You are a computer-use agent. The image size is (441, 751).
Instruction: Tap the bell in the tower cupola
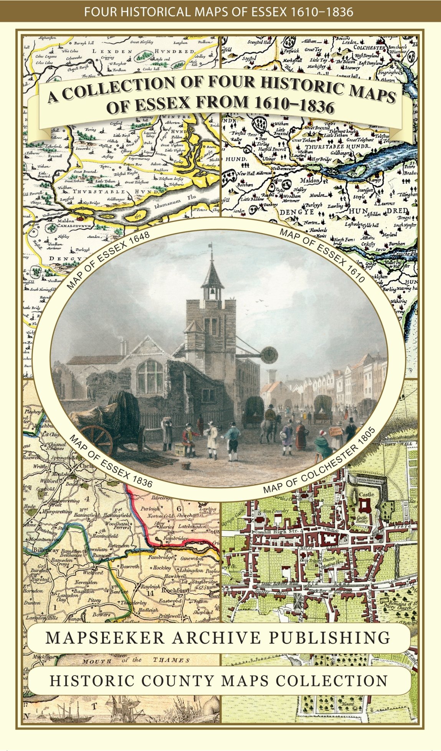(212, 292)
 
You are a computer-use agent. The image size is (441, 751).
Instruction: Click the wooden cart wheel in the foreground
(96, 438)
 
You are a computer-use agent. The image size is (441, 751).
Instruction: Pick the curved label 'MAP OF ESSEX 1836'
(110, 460)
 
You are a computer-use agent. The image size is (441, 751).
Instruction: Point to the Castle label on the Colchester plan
(366, 495)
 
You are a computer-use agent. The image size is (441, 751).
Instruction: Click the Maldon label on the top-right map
(309, 180)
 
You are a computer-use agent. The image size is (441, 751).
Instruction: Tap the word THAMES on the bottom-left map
(171, 660)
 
